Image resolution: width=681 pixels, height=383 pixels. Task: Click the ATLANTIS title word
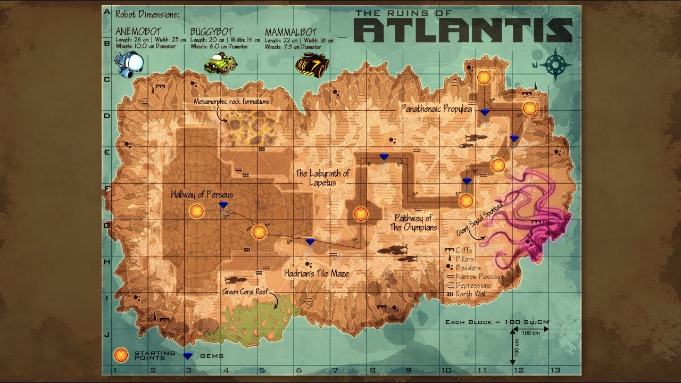[x=463, y=30]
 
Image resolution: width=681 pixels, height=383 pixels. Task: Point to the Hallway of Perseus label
[x=202, y=195]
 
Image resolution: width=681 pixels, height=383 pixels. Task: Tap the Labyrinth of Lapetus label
[x=323, y=178]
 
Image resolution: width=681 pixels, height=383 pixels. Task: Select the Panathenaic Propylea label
[x=436, y=109]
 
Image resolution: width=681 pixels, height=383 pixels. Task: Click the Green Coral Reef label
[x=246, y=292]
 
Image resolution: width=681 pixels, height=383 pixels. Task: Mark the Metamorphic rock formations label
[x=231, y=101]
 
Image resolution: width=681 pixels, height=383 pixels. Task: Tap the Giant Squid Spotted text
[x=479, y=219]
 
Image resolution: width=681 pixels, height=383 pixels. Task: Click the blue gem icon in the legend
[x=188, y=355]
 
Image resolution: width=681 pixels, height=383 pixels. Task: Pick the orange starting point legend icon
[x=121, y=355]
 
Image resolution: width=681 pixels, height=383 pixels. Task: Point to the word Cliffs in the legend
[x=464, y=250]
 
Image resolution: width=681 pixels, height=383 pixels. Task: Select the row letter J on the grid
[x=107, y=335]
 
